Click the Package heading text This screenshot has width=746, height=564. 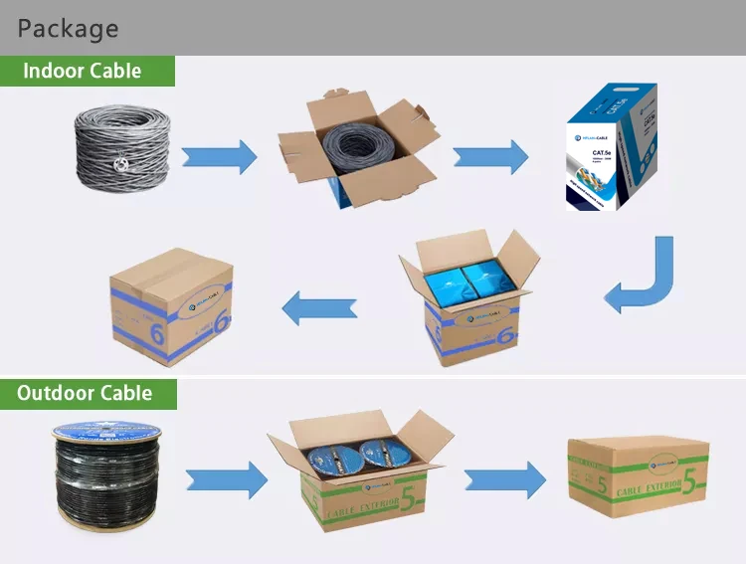(x=68, y=28)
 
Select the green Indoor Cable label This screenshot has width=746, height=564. (x=83, y=71)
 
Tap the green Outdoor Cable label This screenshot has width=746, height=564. (x=85, y=393)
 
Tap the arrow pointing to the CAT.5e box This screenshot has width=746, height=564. (x=490, y=156)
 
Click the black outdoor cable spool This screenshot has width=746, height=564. (x=106, y=477)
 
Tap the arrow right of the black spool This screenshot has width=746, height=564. (x=228, y=479)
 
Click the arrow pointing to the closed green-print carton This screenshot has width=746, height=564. (x=505, y=479)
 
